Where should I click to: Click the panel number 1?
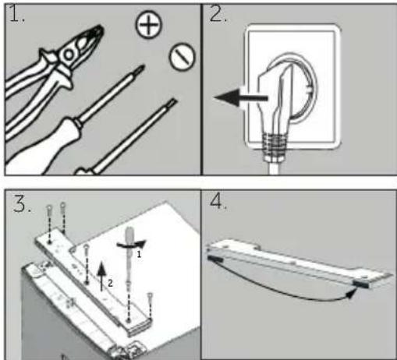16,14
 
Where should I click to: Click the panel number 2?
218,14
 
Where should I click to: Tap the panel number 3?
22,203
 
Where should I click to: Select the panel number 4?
218,201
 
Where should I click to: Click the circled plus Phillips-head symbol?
148,25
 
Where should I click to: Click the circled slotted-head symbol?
183,56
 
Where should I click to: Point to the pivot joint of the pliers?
69,55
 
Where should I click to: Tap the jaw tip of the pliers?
100,28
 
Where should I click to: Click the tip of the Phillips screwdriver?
142,67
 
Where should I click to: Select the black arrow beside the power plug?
240,98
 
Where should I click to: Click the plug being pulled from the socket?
275,101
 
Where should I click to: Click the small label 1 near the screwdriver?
139,254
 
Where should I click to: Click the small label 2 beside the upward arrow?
110,283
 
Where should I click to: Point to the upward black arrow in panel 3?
101,276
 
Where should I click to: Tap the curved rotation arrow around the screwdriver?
131,245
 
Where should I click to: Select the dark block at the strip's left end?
215,259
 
